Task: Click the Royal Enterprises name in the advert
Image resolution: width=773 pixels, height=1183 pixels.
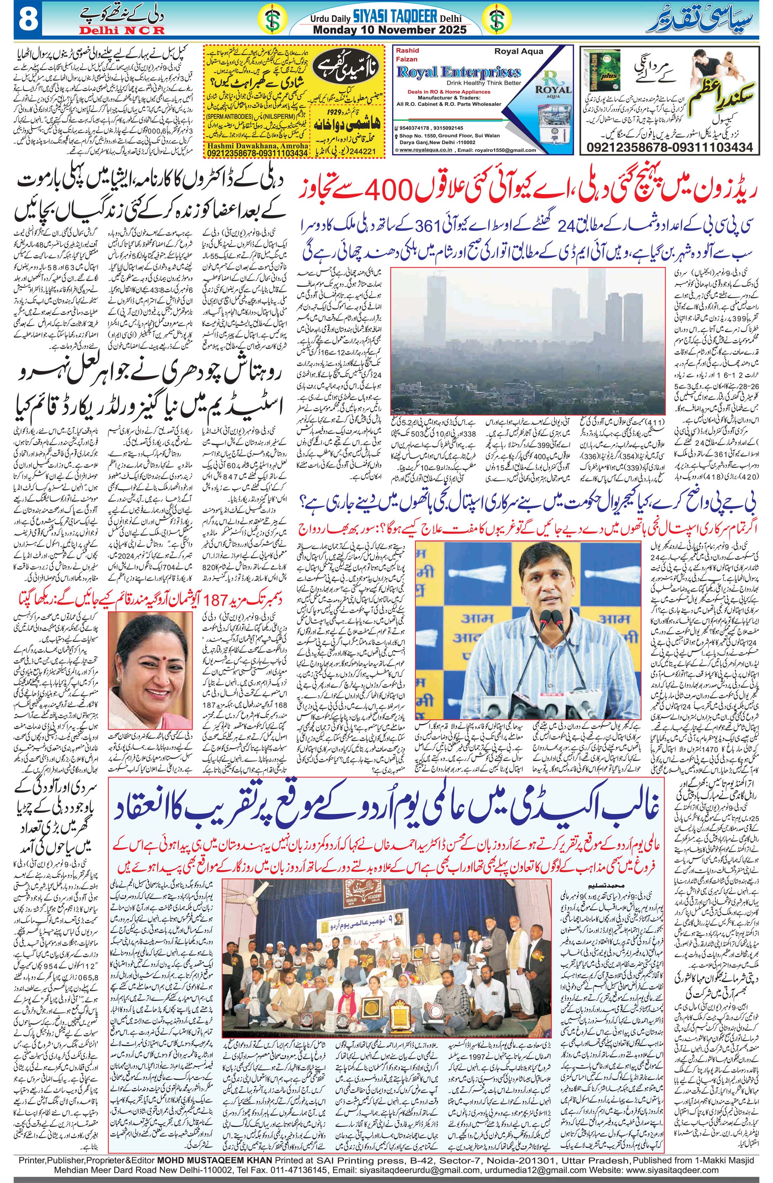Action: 459,72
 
